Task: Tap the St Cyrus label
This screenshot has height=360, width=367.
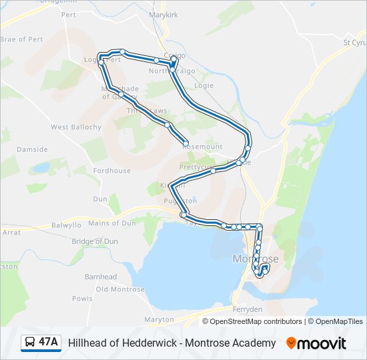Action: (354, 42)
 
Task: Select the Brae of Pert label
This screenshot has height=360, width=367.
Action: (21, 39)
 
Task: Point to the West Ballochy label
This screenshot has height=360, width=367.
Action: (76, 127)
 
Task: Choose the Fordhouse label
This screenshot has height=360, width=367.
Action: (111, 171)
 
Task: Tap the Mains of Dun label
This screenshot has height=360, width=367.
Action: (112, 223)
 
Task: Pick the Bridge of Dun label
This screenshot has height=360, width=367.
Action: (95, 241)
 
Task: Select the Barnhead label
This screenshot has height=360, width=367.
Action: (100, 277)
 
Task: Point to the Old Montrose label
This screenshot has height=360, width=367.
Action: (120, 289)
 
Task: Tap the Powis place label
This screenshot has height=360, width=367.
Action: (82, 299)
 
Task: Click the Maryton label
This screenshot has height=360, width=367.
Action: (159, 319)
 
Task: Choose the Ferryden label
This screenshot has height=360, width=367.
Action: (247, 309)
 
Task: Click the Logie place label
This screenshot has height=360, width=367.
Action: (203, 85)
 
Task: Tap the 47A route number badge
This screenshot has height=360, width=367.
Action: (48, 343)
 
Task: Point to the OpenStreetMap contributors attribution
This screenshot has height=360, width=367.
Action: (255, 321)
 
